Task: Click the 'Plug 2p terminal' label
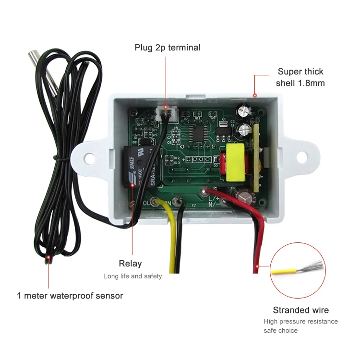click(167, 48)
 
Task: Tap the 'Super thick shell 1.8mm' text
click(300, 77)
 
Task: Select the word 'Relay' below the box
click(130, 264)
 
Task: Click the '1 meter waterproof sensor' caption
click(70, 296)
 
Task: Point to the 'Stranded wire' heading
click(301, 310)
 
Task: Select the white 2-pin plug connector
click(166, 113)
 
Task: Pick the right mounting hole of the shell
click(301, 156)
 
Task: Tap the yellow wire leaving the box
click(171, 240)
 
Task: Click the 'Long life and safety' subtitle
click(133, 276)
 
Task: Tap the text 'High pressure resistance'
click(300, 321)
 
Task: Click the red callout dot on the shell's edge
click(256, 95)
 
